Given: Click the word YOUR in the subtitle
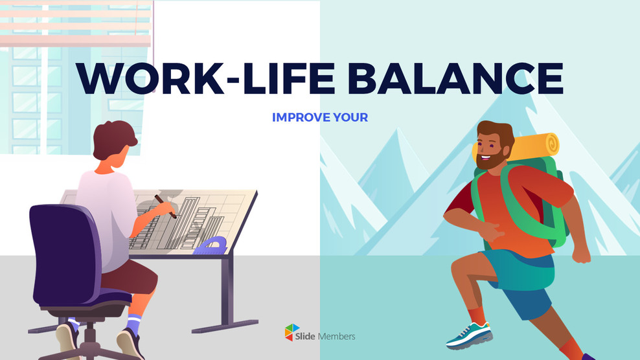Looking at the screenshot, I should click(350, 118).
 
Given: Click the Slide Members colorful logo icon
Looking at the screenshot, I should click(293, 333).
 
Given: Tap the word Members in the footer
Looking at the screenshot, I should click(337, 336).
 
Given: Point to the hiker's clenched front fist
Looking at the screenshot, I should click(580, 253).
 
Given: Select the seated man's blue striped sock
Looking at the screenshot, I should click(133, 323).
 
